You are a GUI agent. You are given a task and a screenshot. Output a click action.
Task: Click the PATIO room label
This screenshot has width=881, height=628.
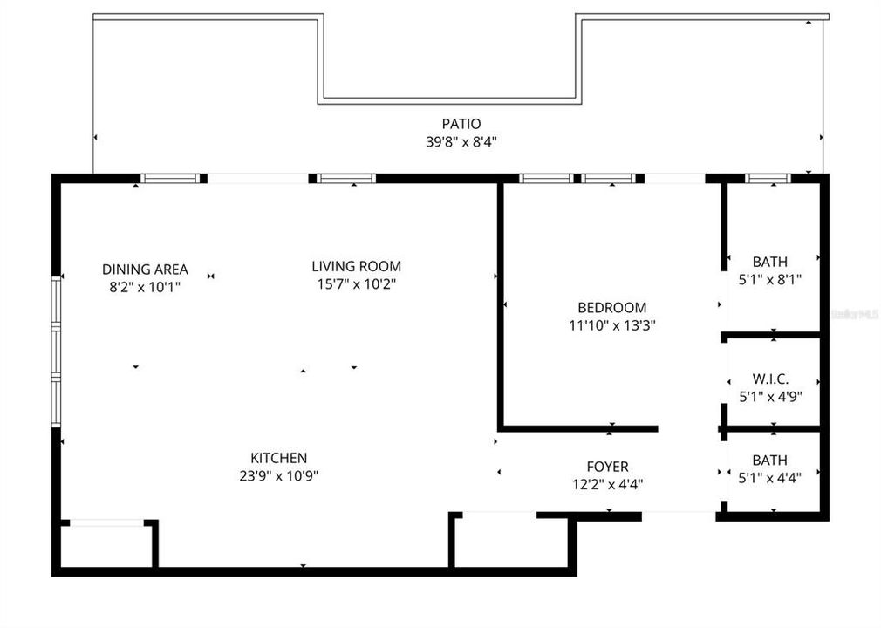tap(461, 124)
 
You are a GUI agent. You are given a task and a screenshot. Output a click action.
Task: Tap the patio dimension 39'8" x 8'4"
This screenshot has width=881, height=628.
tap(461, 141)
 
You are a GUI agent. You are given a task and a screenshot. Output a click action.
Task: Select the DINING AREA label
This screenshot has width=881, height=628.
tap(145, 270)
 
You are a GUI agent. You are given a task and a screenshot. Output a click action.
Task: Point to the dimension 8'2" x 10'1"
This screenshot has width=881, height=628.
tap(145, 286)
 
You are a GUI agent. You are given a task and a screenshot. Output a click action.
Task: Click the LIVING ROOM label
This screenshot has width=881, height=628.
tap(357, 266)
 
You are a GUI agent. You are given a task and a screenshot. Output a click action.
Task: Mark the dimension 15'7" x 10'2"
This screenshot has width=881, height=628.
tap(357, 283)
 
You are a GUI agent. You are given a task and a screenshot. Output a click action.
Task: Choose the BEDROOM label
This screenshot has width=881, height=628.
tap(611, 307)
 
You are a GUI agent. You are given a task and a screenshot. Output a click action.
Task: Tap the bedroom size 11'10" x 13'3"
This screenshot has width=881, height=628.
tap(611, 325)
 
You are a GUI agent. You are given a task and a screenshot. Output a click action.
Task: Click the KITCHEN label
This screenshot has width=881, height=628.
tap(278, 458)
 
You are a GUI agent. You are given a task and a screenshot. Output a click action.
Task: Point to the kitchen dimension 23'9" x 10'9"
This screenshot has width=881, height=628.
tap(278, 475)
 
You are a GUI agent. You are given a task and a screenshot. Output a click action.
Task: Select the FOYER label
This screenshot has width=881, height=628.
tap(607, 467)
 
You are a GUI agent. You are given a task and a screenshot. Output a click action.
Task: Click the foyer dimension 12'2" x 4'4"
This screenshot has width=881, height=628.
tap(607, 484)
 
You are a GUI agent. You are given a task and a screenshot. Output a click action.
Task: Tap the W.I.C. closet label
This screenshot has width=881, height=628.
tap(770, 379)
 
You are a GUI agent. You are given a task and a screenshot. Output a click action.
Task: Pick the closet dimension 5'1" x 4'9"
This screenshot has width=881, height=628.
tap(770, 396)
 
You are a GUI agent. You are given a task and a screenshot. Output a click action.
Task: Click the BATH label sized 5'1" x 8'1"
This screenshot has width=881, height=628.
tap(769, 262)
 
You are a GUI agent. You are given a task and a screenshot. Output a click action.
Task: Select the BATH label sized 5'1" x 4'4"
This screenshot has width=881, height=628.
tap(769, 460)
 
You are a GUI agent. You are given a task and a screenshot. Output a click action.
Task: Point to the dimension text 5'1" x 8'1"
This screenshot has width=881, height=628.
tap(769, 280)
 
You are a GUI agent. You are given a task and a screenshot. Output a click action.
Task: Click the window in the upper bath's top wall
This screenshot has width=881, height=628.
tap(768, 179)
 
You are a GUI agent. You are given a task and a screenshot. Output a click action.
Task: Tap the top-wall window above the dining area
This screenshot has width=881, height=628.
tap(170, 179)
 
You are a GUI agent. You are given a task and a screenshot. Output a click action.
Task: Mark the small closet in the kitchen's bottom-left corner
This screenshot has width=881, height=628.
tap(106, 545)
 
